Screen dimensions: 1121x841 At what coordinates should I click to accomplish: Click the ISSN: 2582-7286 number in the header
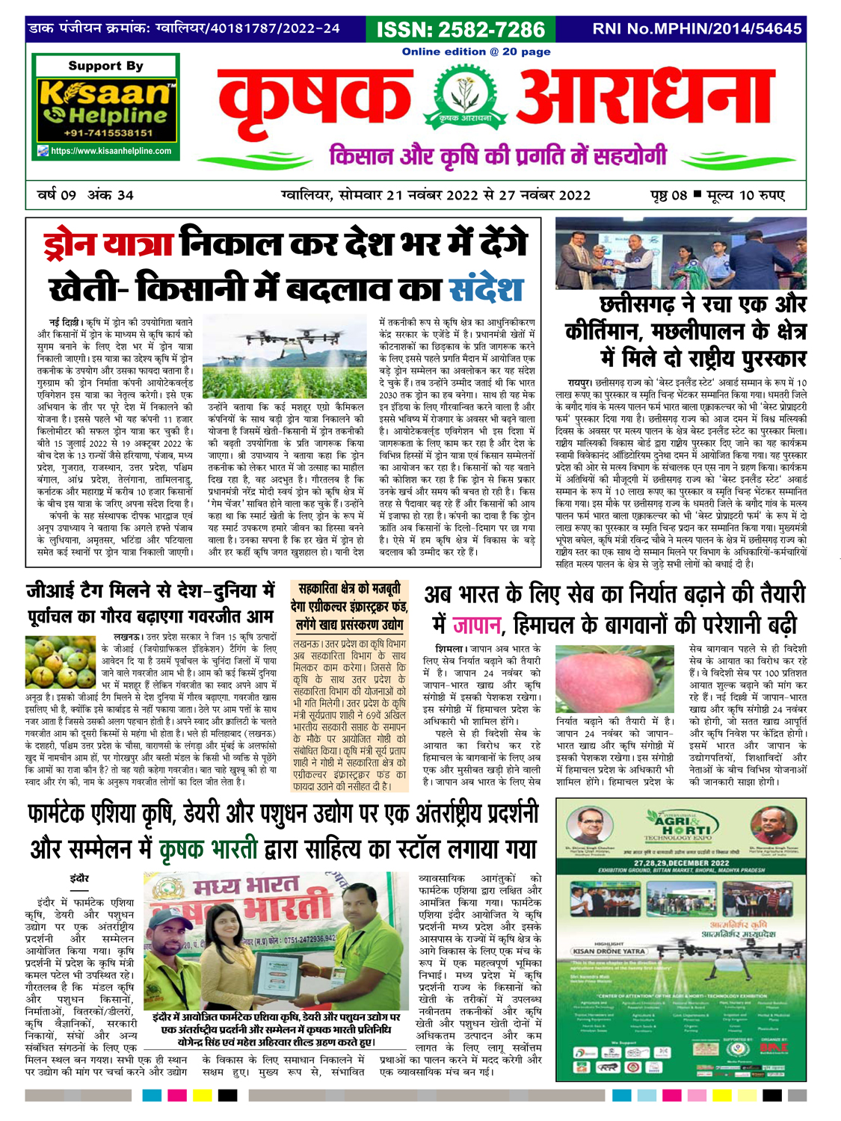click(460, 29)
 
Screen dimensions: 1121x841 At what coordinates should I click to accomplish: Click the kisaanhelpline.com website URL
click(111, 151)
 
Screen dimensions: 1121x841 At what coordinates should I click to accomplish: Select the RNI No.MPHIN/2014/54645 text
click(697, 29)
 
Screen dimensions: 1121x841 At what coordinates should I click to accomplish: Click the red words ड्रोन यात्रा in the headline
click(109, 244)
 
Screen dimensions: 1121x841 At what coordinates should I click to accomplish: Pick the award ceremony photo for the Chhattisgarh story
click(680, 255)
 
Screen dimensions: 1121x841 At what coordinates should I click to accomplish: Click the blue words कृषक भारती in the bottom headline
click(209, 850)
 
